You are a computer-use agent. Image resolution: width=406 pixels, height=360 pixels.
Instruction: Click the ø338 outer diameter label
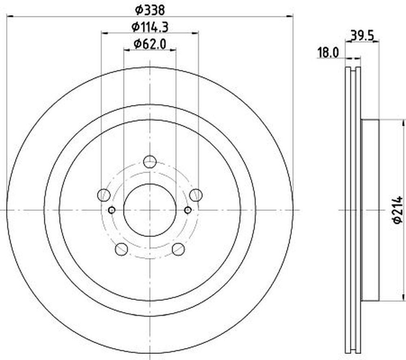coord(150,10)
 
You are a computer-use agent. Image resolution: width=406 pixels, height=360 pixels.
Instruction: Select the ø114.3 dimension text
coord(150,27)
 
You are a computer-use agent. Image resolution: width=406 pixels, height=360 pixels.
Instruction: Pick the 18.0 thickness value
coord(328,53)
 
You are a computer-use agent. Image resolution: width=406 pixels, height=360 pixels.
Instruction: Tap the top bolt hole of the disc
coord(150,162)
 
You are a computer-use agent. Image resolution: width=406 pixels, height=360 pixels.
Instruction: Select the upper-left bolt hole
coord(104,195)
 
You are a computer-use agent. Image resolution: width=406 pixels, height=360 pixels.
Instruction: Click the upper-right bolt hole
coord(196,195)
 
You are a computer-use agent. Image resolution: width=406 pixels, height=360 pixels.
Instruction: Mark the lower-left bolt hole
coord(121,249)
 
